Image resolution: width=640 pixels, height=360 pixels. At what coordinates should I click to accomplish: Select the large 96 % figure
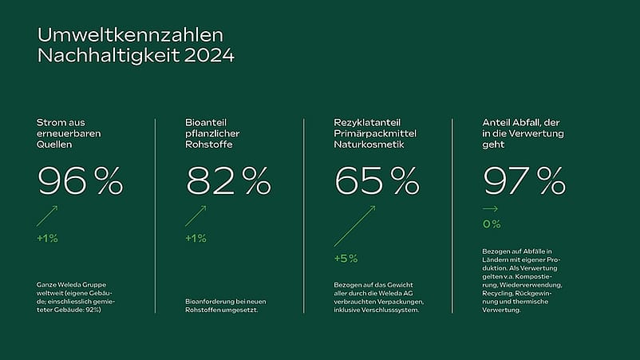pos(80,182)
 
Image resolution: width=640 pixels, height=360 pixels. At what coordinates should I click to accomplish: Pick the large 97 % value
pos(524,182)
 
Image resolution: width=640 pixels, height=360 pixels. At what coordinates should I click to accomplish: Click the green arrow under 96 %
pos(47,216)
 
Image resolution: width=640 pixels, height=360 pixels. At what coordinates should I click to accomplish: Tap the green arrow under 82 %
pos(196,216)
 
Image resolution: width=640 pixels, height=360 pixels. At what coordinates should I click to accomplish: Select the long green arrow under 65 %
pos(354,226)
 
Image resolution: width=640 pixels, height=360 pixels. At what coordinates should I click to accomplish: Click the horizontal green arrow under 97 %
pos(490,209)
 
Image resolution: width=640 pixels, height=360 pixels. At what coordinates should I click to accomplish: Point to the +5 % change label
pos(346,259)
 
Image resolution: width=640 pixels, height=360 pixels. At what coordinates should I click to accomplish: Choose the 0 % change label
pos(492,224)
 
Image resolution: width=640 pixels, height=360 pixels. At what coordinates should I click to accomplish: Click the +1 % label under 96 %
pos(47,238)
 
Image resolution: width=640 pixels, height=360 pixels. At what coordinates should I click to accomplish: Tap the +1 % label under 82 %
pos(196,238)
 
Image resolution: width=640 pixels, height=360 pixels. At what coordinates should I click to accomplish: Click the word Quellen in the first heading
pos(53,145)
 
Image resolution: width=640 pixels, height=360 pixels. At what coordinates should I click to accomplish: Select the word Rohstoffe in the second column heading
pos(207,145)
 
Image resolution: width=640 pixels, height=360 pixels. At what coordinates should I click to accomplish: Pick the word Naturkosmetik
pos(366,145)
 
